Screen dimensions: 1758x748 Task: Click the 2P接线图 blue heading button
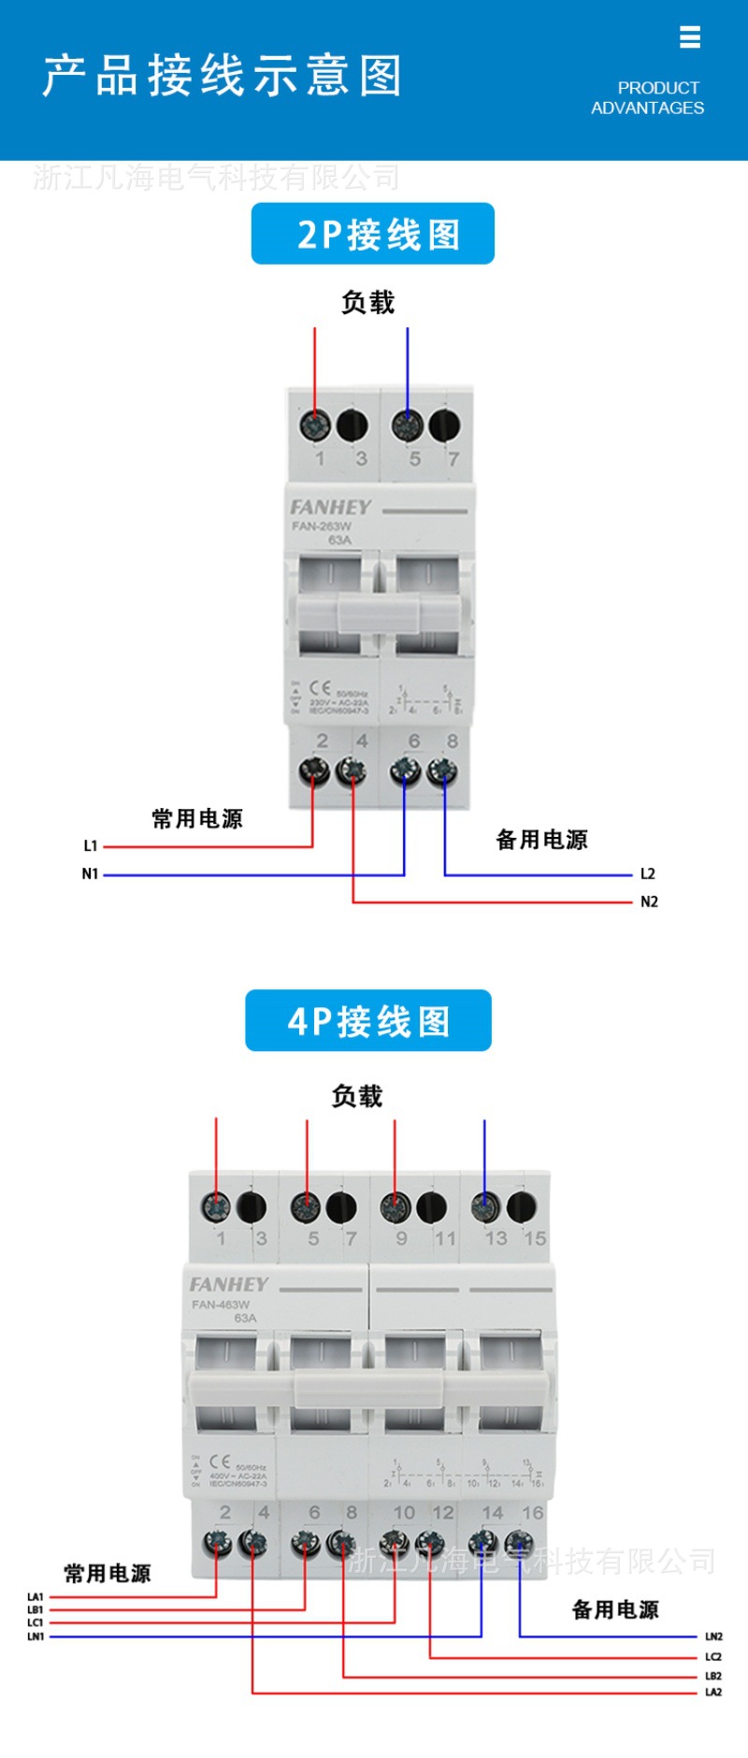372,234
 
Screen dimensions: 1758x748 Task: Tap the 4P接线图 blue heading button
367,1021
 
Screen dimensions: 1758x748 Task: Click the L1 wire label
91,845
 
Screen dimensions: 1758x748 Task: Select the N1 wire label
90,873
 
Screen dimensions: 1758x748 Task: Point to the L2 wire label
647,873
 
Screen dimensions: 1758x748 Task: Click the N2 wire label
649,901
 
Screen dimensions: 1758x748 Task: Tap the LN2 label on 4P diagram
713,1636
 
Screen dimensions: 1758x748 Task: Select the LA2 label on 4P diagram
713,1692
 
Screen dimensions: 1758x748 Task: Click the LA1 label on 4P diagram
36,1597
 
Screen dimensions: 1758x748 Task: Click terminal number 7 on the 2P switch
453,458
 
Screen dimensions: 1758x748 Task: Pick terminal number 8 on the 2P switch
453,741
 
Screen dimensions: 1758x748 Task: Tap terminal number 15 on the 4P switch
535,1238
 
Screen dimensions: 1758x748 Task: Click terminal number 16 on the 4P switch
533,1512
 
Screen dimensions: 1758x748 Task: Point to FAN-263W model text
322,526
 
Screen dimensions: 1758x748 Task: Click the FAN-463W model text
221,1304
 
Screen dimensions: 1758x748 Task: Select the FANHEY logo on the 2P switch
330,507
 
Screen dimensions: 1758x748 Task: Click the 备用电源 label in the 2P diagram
541,840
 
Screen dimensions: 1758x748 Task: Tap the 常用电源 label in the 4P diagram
107,1574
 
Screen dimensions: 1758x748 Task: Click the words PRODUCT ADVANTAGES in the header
648,98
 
